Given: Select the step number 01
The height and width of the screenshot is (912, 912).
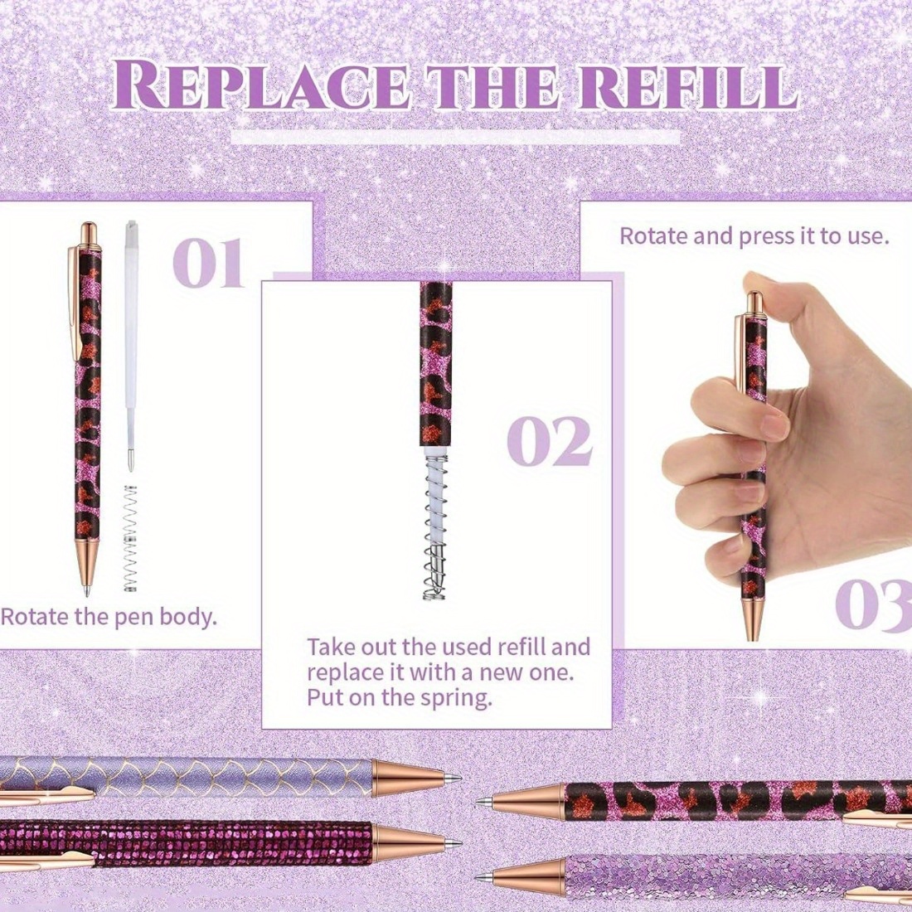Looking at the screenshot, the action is pos(207,264).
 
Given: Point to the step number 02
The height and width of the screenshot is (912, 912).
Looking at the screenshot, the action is pos(550,441).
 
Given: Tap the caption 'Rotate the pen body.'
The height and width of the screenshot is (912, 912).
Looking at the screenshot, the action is pos(109,617).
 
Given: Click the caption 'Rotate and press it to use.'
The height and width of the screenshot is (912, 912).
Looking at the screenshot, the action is pos(754,236).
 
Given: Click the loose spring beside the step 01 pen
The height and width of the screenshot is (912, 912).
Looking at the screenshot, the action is pos(132,538).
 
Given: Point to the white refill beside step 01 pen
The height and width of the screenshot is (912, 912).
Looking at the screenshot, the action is pos(132,346).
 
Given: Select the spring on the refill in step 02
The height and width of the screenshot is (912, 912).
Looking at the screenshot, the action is pos(434,526).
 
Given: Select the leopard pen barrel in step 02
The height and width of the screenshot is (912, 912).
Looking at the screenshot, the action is pos(435,364).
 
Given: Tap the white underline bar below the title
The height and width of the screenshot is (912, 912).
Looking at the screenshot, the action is pos(455,138).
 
